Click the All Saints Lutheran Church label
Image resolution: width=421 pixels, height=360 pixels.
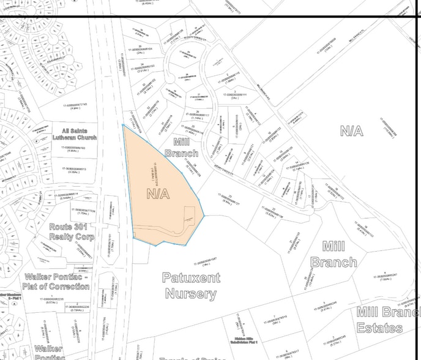tap(79, 134)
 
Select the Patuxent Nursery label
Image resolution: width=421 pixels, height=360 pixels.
tap(189, 285)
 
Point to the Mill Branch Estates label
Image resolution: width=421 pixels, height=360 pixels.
tap(388, 319)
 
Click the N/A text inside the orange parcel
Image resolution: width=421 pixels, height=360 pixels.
tap(158, 193)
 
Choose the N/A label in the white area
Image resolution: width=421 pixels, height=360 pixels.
tap(351, 130)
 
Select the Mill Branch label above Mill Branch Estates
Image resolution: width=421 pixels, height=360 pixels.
tap(333, 254)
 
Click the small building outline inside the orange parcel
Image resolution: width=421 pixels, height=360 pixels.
tap(190, 215)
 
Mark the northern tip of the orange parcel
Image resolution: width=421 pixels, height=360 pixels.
tap(123, 126)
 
